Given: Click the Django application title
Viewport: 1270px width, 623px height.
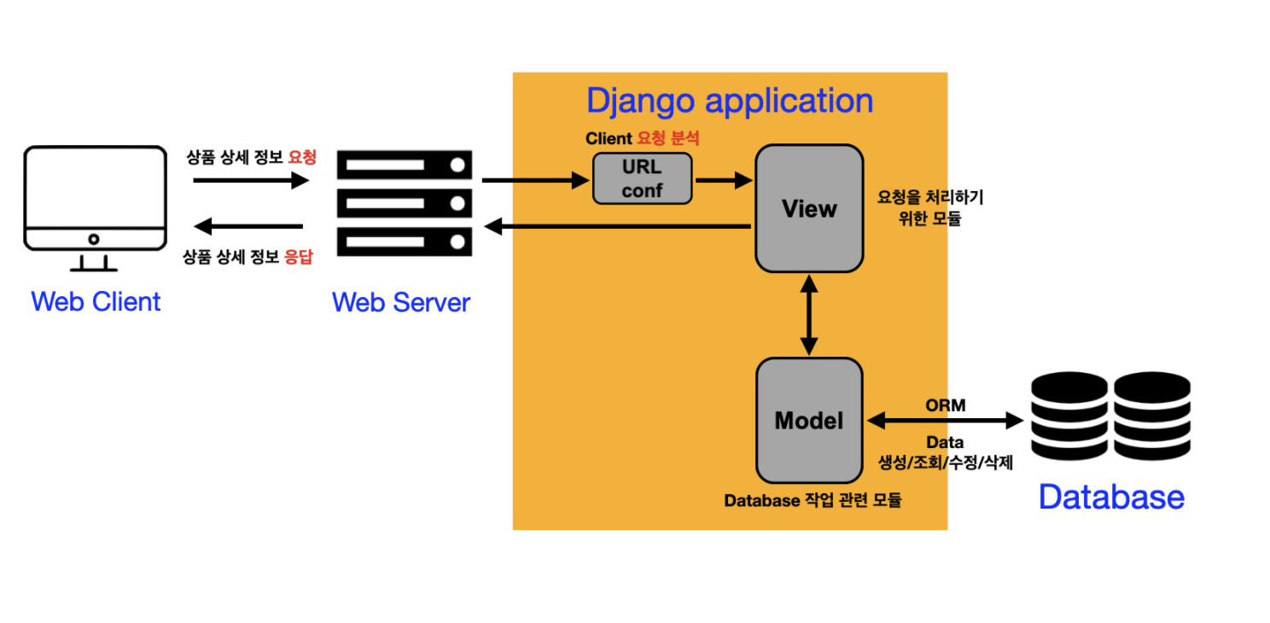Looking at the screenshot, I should [x=730, y=101].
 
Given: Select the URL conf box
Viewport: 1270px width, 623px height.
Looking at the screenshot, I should [x=642, y=178].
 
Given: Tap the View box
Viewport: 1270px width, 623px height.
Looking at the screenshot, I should [x=809, y=209].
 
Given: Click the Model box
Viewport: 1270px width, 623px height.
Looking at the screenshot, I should [x=809, y=421].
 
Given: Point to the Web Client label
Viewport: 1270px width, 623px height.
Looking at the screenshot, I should [x=96, y=301].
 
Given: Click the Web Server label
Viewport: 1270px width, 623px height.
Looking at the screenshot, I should [x=401, y=302].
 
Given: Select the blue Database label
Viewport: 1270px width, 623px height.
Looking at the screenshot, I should [x=1111, y=497].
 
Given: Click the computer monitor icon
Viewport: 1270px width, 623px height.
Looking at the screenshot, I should [x=94, y=201].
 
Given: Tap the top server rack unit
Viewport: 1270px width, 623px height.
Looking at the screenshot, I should [x=405, y=164].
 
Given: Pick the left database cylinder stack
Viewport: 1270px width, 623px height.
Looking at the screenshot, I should [x=1069, y=416].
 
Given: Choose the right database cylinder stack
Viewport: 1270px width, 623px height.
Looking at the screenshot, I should [x=1151, y=416].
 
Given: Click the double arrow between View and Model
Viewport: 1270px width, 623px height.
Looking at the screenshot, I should [x=809, y=315].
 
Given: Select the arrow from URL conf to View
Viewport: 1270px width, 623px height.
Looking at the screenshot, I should [x=724, y=180].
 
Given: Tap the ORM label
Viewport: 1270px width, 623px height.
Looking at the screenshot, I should [x=946, y=405].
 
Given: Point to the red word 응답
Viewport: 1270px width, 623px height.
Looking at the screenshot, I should [x=298, y=257].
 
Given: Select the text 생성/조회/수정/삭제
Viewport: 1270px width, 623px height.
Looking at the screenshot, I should [x=946, y=463].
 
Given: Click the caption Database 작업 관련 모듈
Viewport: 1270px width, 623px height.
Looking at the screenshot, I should [x=813, y=501].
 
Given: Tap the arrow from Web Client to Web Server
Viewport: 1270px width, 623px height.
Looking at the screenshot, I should [x=250, y=180].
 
